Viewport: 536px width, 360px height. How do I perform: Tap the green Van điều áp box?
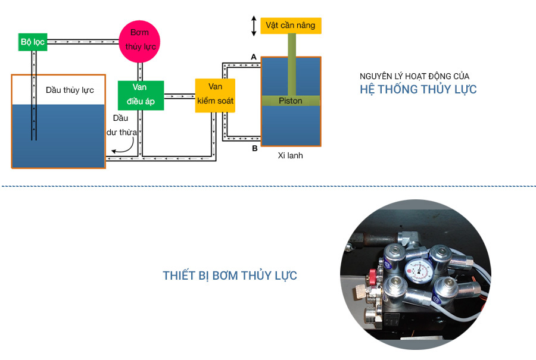tap(140, 96)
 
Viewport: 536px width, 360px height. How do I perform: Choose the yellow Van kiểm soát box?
tap(215, 95)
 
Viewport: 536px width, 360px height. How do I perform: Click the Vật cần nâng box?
tap(291, 26)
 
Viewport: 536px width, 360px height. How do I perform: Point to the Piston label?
tap(291, 101)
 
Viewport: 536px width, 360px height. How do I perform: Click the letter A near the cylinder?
tap(254, 57)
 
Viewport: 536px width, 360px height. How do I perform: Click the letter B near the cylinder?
tap(254, 148)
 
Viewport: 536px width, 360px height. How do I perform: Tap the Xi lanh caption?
tap(290, 156)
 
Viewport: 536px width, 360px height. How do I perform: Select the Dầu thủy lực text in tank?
tap(70, 90)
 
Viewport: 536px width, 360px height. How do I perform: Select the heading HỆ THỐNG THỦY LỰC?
tap(418, 90)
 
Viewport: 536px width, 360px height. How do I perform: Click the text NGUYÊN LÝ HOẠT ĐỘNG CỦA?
tap(415, 76)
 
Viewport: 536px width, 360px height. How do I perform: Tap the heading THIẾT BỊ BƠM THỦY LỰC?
tap(230, 276)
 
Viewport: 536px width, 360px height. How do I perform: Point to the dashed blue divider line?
tap(268, 186)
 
